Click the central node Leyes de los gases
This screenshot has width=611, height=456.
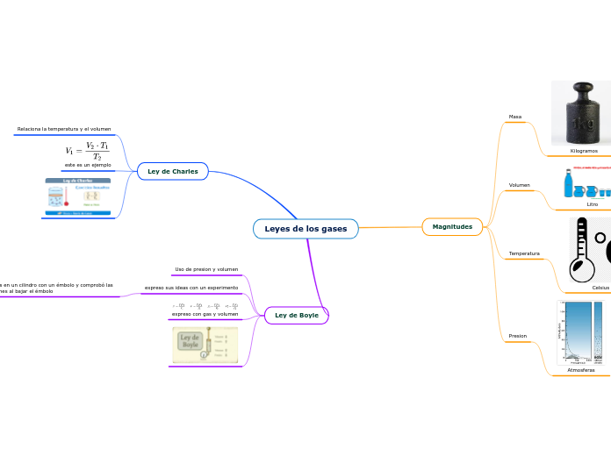tap(305, 229)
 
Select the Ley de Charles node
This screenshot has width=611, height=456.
tap(172, 171)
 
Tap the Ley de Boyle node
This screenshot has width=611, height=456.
tap(297, 314)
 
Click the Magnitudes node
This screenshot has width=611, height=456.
tap(452, 226)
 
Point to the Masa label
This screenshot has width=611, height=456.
tap(515, 117)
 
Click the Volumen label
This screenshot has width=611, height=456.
tap(519, 185)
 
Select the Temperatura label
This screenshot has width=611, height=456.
tap(524, 253)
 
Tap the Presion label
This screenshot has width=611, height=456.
tap(518, 336)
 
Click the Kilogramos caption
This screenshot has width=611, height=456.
tap(577, 151)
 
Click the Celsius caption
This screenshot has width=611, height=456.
tap(600, 287)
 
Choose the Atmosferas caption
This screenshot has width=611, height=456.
tap(580, 370)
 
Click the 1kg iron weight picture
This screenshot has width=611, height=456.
tap(581, 112)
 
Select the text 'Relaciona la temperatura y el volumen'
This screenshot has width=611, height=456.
tap(63, 129)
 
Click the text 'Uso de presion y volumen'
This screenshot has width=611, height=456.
tap(206, 269)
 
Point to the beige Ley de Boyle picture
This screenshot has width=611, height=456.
tap(204, 345)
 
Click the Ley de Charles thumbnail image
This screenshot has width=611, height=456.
tap(78, 197)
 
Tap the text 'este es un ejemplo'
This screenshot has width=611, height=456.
tap(88, 165)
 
